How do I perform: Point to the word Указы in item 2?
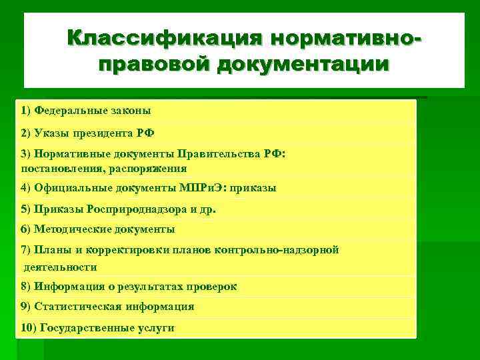(51, 132)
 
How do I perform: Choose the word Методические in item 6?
(69, 229)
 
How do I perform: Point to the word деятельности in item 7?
(60, 267)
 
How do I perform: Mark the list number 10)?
(29, 327)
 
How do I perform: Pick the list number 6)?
(26, 229)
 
